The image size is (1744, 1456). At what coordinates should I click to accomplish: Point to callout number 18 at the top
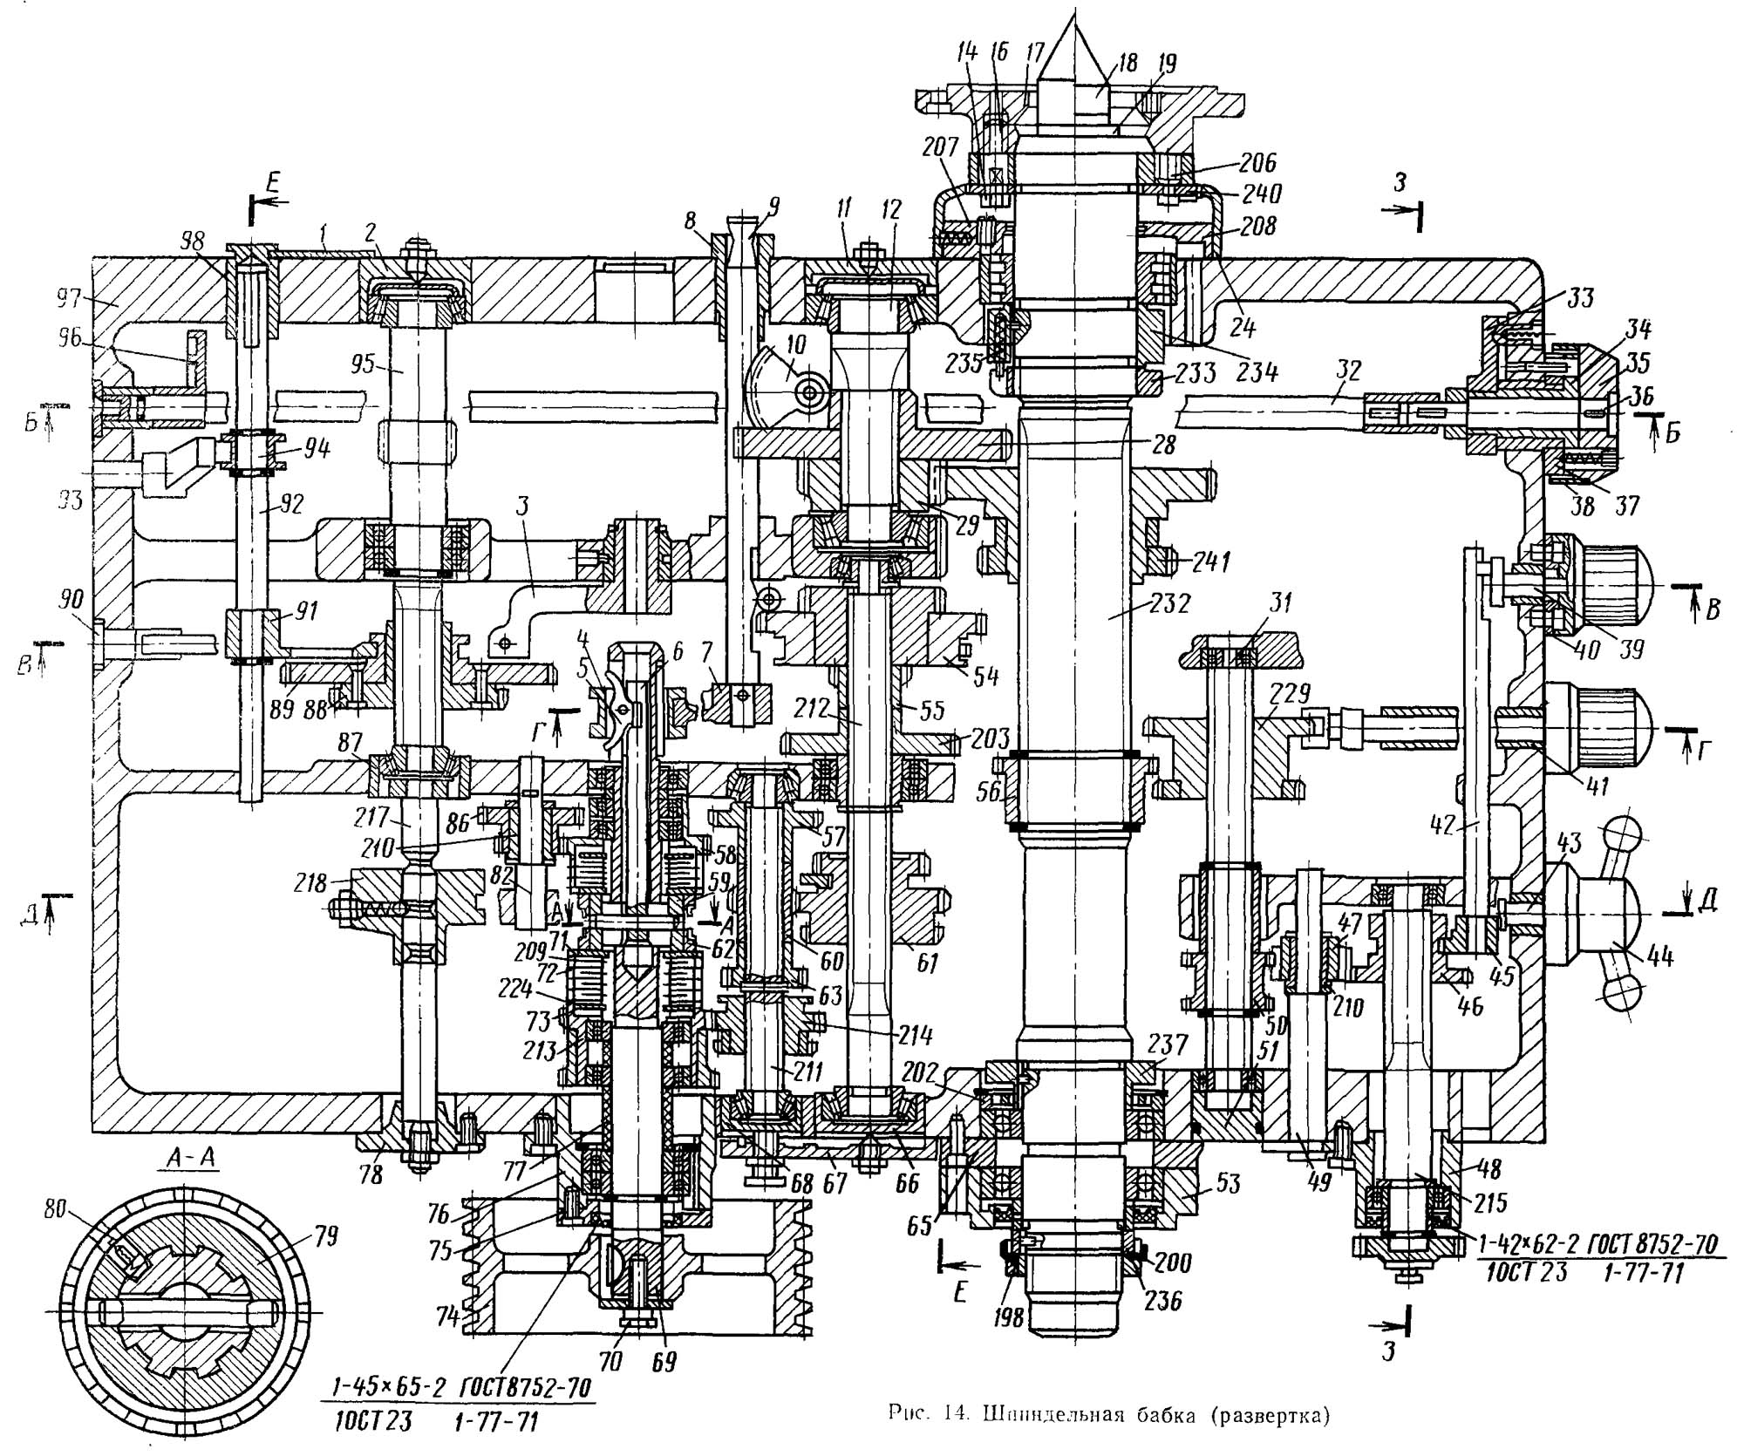(1127, 63)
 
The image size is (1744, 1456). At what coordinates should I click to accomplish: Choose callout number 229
(1290, 693)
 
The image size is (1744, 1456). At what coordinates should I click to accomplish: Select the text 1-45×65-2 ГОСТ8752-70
(460, 1387)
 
